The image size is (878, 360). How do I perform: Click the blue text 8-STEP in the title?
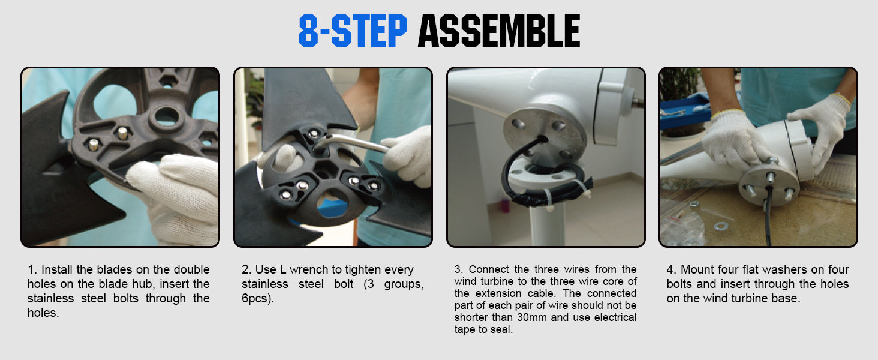(353, 31)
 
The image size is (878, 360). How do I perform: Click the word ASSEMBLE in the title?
(499, 31)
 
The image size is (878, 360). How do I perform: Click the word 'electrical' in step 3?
(615, 317)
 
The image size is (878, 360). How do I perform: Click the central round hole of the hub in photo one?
(167, 116)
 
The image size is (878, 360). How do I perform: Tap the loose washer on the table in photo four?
(720, 226)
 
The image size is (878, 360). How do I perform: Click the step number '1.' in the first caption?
(32, 269)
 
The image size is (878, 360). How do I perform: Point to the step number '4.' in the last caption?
(672, 269)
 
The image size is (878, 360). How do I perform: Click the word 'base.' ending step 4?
(786, 298)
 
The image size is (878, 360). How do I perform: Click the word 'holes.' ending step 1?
(43, 313)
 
